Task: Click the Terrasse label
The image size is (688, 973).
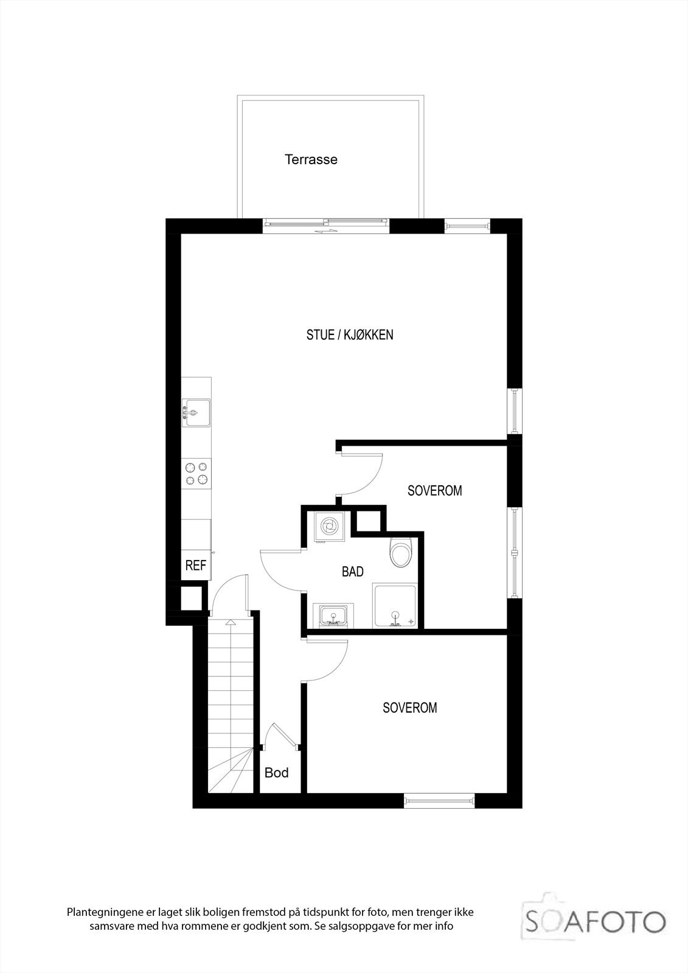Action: [x=311, y=160]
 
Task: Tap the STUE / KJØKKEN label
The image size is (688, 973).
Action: [x=350, y=334]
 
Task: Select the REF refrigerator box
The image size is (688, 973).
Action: [x=196, y=566]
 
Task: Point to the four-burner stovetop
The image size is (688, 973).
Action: [x=196, y=474]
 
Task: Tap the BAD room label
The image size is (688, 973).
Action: [x=353, y=572]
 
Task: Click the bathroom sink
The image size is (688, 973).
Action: [x=332, y=615]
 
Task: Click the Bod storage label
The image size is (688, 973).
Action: [x=276, y=773]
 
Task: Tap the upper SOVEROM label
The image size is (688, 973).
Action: [x=434, y=490]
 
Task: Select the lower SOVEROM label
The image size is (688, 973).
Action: [x=409, y=708]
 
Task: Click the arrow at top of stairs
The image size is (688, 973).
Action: [x=231, y=623]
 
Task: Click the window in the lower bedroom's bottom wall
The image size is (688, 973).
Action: [x=439, y=801]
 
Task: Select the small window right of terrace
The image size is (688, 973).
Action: [x=467, y=226]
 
